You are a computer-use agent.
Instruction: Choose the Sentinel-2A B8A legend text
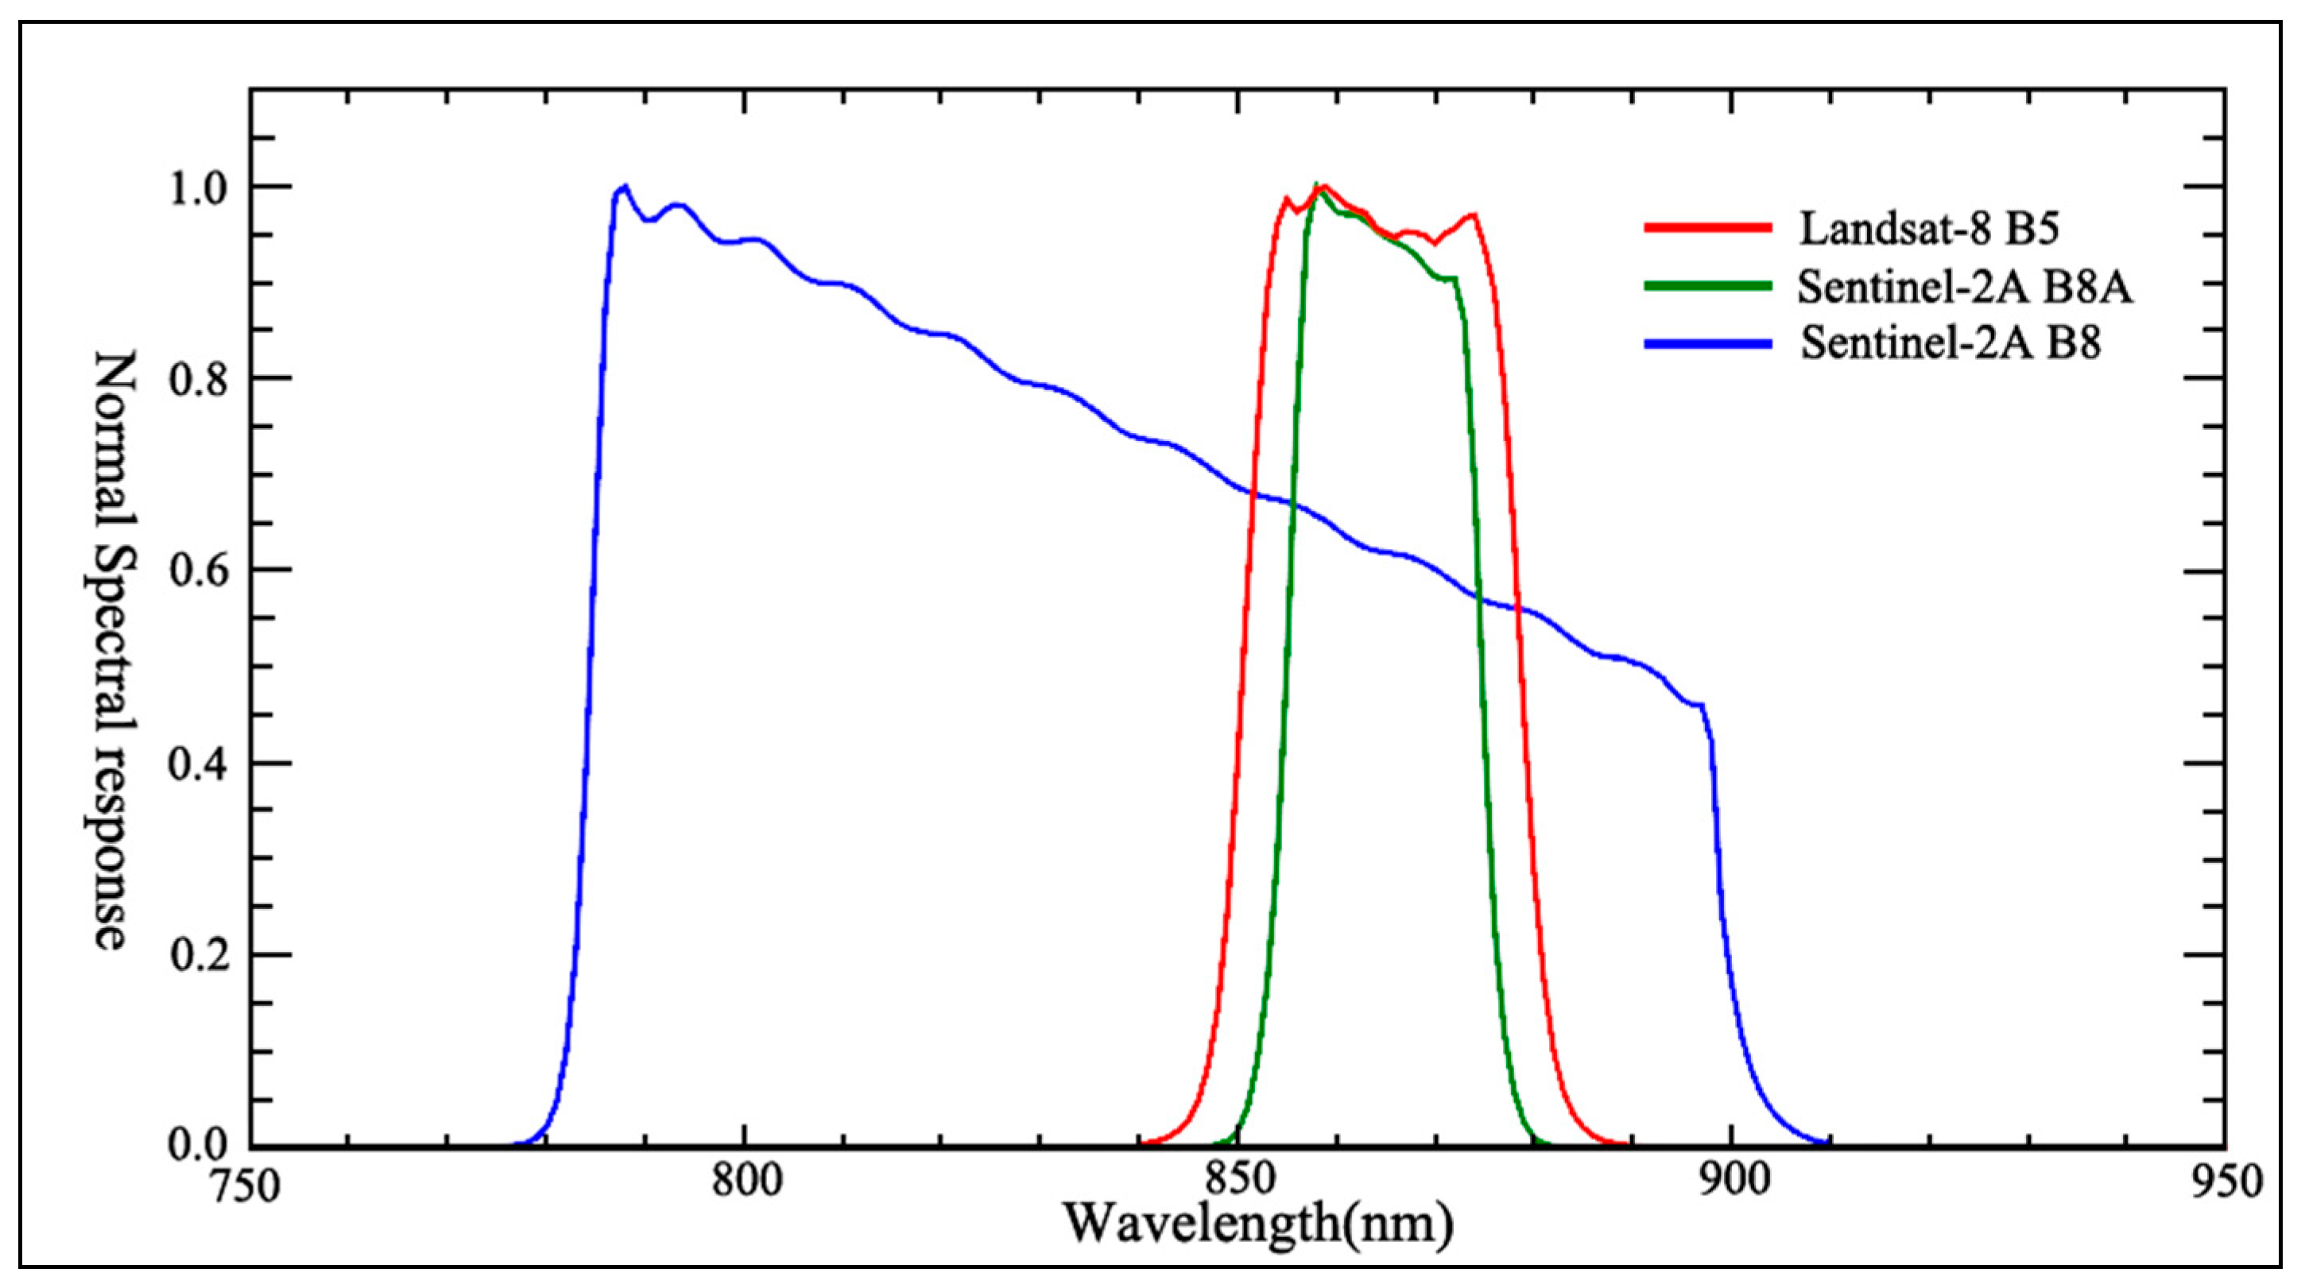pos(1965,286)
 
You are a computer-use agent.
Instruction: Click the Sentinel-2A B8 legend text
pos(1951,343)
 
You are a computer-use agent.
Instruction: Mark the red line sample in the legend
pos(1707,227)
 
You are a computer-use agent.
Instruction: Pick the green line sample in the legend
pos(1707,285)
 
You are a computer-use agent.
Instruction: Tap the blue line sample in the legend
pos(1707,343)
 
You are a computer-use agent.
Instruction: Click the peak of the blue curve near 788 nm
pos(625,187)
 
